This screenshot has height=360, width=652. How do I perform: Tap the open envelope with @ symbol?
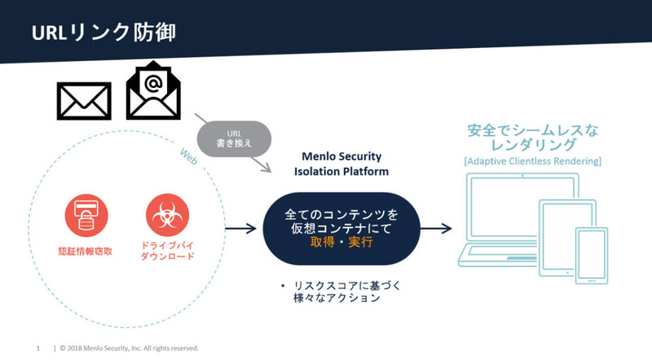(x=155, y=91)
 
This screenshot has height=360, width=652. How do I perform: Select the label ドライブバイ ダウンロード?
(x=167, y=255)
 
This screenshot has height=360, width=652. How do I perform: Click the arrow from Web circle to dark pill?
(x=240, y=230)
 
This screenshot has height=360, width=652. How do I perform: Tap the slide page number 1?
(x=38, y=348)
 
